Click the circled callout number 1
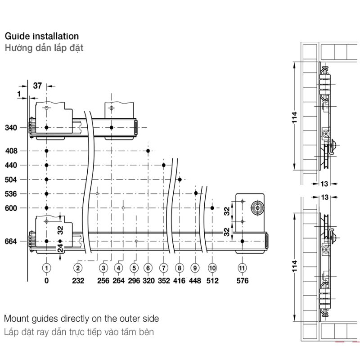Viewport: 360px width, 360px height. (46, 268)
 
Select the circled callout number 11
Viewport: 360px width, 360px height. (242, 268)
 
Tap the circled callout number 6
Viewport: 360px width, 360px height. (148, 268)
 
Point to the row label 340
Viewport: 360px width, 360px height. (11, 128)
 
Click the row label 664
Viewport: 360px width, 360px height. (11, 242)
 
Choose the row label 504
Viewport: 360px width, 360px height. (11, 180)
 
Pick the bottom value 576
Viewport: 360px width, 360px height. (242, 281)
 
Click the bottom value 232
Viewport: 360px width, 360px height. (78, 281)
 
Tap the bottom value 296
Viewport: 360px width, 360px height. (134, 281)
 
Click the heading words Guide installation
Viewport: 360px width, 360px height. (41, 36)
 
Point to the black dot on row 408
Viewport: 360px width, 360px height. (148, 151)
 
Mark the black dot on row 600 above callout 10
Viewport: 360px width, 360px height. (212, 208)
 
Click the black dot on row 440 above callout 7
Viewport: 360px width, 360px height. (163, 165)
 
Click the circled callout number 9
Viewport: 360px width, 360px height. (195, 268)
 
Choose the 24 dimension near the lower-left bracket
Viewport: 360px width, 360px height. (60, 248)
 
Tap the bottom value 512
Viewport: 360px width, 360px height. (212, 281)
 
